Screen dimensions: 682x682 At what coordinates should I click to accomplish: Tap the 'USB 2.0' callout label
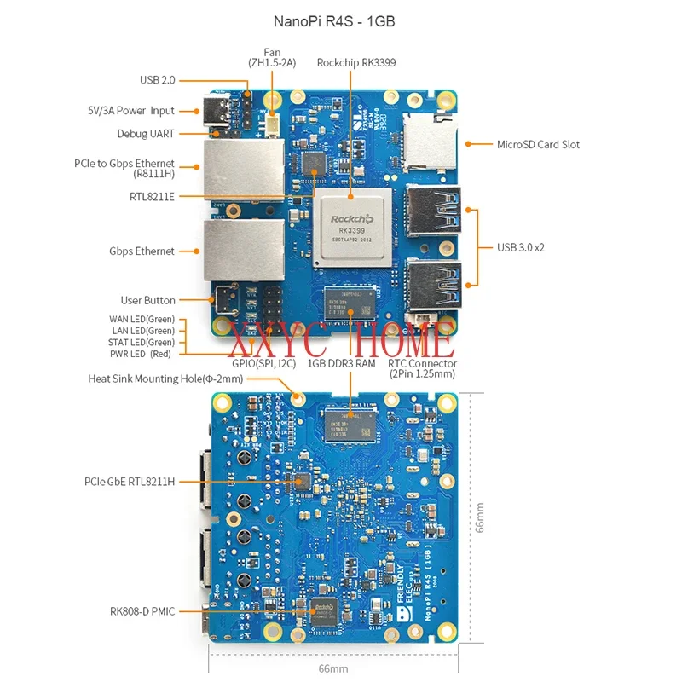tap(157, 80)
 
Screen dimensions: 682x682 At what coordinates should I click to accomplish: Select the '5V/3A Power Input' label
tap(130, 110)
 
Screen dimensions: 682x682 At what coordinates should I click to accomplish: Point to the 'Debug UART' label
tap(146, 134)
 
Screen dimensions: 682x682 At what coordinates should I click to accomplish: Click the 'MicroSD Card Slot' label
tap(538, 144)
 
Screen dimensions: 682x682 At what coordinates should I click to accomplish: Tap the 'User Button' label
tap(147, 300)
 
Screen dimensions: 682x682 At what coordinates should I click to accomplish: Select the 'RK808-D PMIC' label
tap(142, 610)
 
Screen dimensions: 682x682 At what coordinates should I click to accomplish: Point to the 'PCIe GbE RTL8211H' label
tap(130, 481)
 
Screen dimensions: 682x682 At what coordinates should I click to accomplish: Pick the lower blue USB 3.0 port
tap(434, 282)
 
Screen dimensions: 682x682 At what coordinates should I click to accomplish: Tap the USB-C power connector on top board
tap(211, 110)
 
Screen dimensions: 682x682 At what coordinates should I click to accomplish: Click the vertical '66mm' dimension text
tap(480, 517)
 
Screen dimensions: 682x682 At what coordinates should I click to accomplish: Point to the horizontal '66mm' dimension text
tap(334, 668)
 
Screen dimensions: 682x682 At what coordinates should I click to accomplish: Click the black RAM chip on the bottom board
tap(350, 424)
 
